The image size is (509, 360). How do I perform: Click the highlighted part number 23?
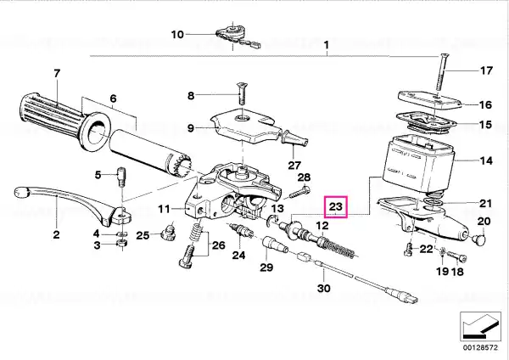point(336,206)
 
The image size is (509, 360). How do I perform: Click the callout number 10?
point(177,34)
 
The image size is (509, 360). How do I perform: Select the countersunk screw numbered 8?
point(242,93)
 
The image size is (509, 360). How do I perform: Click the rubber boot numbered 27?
point(294,138)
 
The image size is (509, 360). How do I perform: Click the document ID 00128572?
point(480,347)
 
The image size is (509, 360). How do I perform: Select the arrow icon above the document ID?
point(481,327)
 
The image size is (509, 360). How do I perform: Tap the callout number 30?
point(324,288)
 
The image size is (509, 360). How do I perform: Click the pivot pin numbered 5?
point(121,177)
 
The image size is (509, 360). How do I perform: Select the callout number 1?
point(327,44)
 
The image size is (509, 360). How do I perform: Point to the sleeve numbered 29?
point(275,245)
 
